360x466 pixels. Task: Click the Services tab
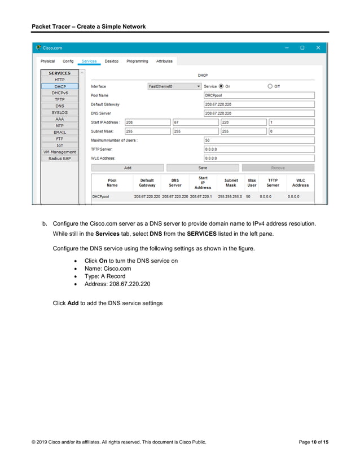(x=89, y=61)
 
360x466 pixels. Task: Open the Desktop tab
(x=111, y=61)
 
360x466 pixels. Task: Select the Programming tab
(x=137, y=61)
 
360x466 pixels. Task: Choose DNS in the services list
(x=60, y=106)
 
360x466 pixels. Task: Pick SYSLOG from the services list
(x=60, y=112)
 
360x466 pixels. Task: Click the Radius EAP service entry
(x=60, y=159)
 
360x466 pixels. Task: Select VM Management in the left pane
(x=60, y=152)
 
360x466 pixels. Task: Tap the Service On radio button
(x=221, y=86)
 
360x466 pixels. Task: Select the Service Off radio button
(x=270, y=86)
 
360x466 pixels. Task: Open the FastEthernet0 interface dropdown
(x=174, y=86)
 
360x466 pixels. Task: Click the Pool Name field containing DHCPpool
(x=258, y=95)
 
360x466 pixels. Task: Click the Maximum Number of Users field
(x=258, y=140)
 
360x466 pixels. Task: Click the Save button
(x=203, y=168)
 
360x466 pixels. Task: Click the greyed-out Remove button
(x=278, y=168)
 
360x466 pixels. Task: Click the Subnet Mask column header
(x=231, y=183)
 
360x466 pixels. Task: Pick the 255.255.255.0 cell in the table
(x=230, y=197)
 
